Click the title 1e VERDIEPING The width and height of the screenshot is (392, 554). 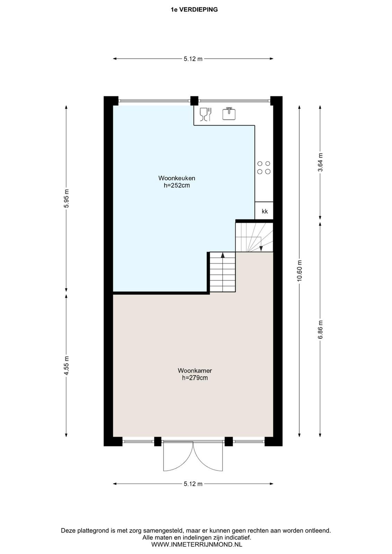pos(194,10)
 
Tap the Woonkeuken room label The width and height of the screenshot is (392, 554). pos(177,178)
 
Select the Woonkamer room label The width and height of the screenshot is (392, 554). pos(195,371)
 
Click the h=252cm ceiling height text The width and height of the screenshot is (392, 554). pos(177,186)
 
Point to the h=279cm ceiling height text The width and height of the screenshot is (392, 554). pos(195,378)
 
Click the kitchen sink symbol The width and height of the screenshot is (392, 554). pos(229,114)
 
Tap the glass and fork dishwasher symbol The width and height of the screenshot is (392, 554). pos(205,114)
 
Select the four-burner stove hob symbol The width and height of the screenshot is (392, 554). pos(264,168)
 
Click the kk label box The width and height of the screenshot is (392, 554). pos(264,211)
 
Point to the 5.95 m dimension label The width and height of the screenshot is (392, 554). pos(66,199)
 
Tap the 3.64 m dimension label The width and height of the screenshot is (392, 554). pos(320,162)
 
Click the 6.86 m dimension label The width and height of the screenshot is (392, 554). pos(320,330)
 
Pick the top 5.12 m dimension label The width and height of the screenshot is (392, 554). pos(193,59)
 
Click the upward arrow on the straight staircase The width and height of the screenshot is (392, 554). pos(223,272)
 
